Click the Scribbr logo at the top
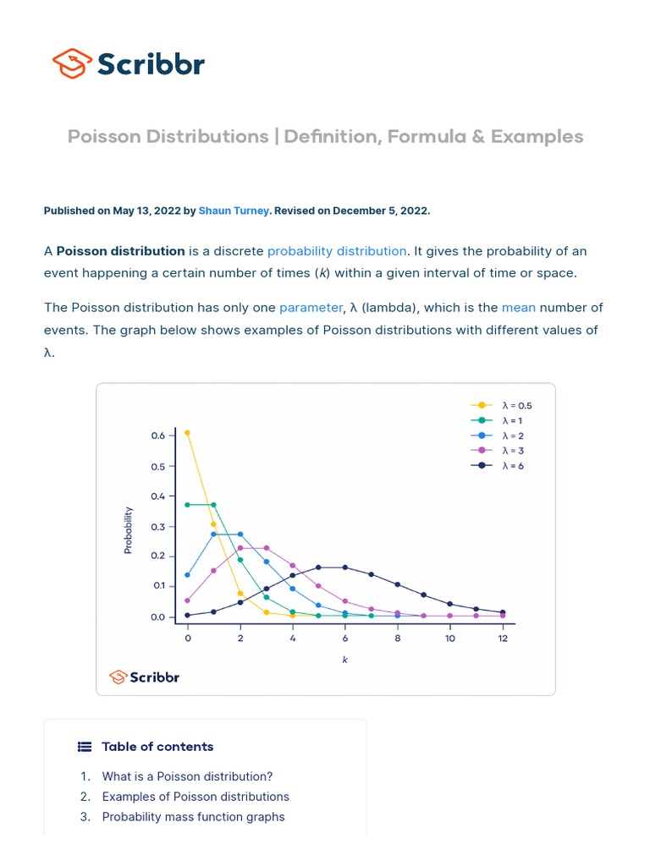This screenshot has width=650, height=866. click(x=129, y=63)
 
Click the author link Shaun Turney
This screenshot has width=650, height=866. click(x=233, y=211)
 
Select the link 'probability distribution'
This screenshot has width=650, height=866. click(x=337, y=251)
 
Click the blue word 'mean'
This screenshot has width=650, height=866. click(x=518, y=308)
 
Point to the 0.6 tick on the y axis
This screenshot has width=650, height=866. click(x=158, y=436)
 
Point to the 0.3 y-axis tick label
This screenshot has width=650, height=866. click(x=158, y=526)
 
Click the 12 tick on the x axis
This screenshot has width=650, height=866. click(x=503, y=639)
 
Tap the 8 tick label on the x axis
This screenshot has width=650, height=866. click(x=397, y=639)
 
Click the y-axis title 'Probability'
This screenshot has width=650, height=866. click(x=129, y=530)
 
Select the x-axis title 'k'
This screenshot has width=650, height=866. click(x=345, y=660)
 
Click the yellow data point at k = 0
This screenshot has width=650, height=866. click(x=188, y=433)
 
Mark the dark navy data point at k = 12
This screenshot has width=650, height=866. click(x=503, y=612)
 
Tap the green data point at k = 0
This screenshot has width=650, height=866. click(x=188, y=505)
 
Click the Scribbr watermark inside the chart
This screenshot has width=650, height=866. click(x=145, y=677)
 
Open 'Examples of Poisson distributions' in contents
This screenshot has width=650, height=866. click(x=196, y=797)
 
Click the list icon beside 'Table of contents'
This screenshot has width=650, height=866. click(x=85, y=747)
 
